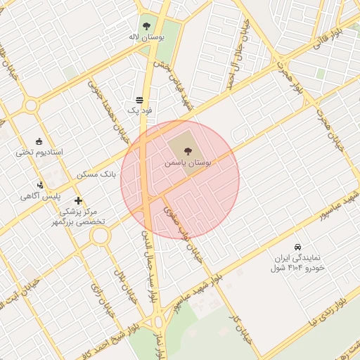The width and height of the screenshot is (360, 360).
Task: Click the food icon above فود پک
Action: pos(139,100)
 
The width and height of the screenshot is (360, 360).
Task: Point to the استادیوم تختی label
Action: pos(40,152)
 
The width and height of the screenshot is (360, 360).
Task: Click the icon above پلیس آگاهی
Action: pos(41,186)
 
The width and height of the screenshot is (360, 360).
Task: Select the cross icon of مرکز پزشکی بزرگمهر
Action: pos(78,201)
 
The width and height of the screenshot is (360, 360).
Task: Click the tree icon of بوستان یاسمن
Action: pos(187,150)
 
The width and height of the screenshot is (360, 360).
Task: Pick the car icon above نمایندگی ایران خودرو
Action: pos(298,247)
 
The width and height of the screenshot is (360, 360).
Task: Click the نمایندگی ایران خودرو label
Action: pos(296,263)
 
